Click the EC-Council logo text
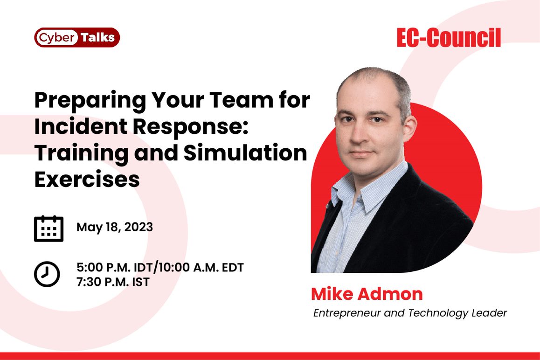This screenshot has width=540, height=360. (x=449, y=38)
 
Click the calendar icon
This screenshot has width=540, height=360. (x=48, y=228)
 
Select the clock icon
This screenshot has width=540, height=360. (x=47, y=274)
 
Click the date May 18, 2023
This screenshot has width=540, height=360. (x=115, y=227)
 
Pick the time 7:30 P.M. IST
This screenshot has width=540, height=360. (x=113, y=282)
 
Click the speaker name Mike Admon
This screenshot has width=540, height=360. (x=367, y=294)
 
